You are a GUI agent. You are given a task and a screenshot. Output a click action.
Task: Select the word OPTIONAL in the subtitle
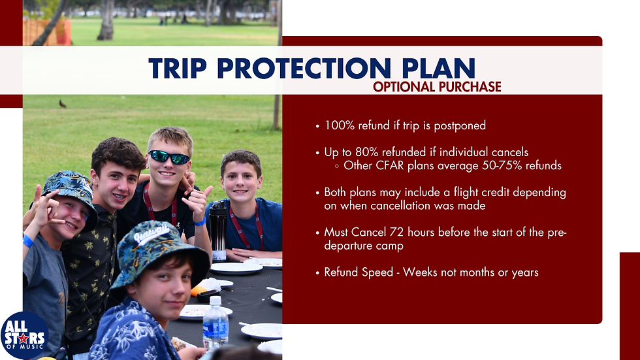(404, 87)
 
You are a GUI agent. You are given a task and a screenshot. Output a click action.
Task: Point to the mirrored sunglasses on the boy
(169, 157)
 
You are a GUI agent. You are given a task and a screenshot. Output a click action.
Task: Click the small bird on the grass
(63, 104)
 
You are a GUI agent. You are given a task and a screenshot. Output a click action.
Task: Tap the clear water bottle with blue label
(216, 323)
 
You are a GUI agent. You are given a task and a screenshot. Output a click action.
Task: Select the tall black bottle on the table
(218, 230)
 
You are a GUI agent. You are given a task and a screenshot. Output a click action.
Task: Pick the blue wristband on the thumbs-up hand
(200, 221)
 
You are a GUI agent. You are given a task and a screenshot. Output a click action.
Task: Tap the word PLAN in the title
(438, 68)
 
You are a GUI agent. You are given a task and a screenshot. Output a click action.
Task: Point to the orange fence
(47, 32)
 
